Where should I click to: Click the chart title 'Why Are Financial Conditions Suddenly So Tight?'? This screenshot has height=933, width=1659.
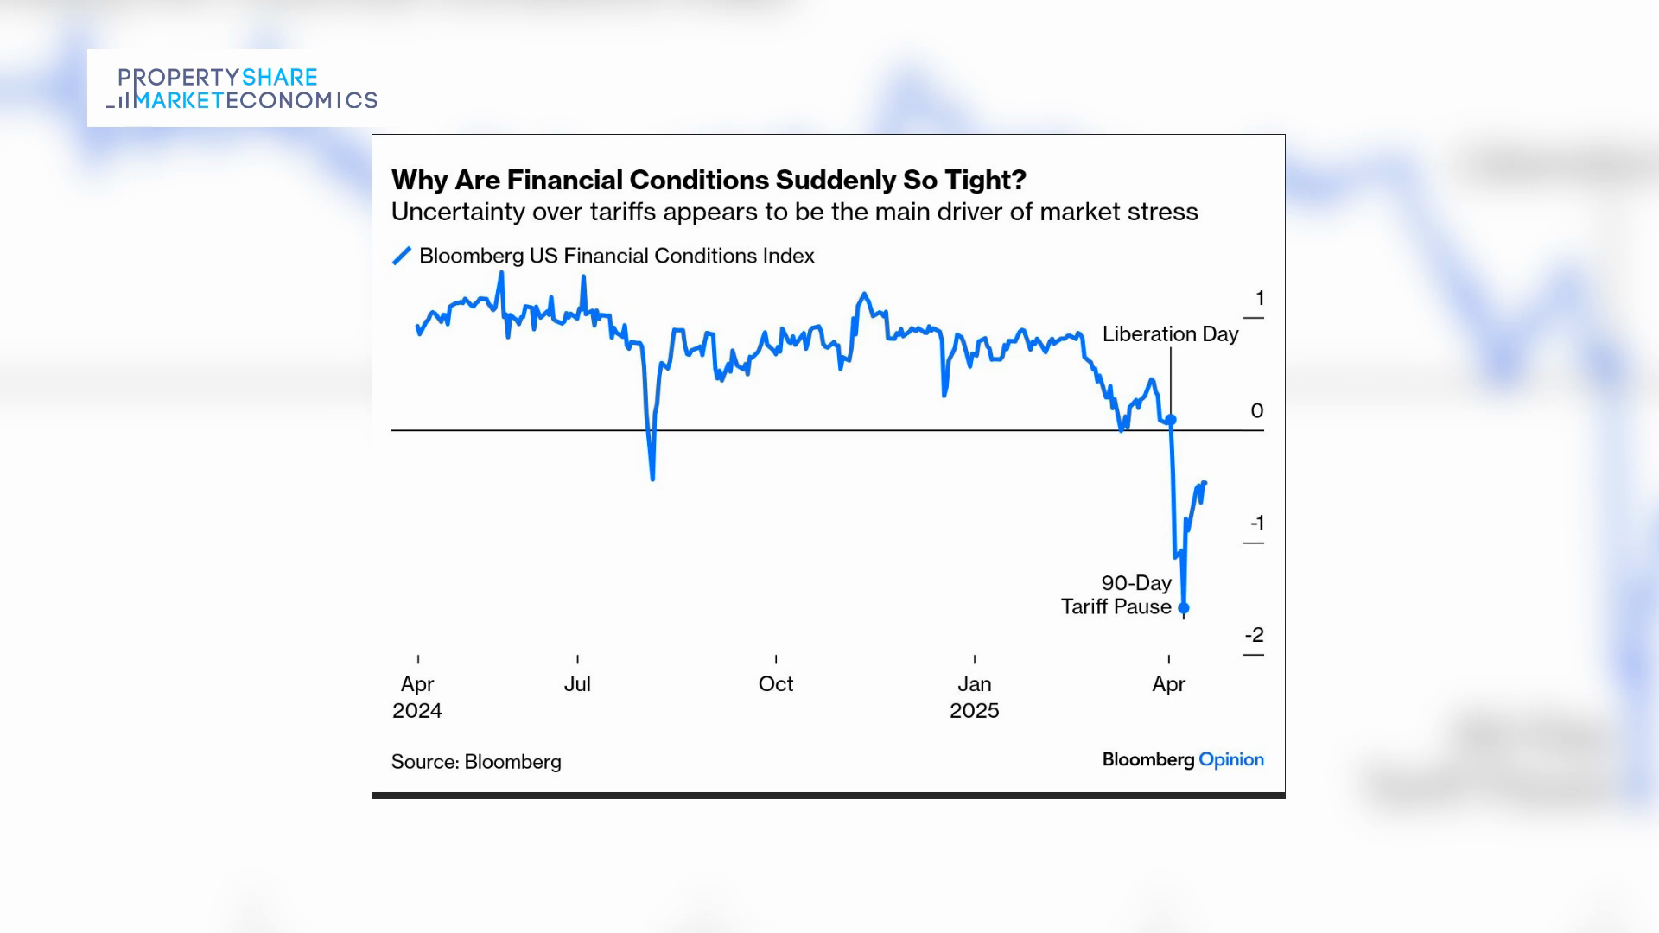tap(709, 180)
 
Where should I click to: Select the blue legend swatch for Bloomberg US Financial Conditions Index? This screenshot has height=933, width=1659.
tap(402, 256)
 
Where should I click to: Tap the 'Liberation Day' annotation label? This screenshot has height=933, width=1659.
tap(1170, 334)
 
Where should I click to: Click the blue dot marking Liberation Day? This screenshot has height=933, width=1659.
tap(1171, 420)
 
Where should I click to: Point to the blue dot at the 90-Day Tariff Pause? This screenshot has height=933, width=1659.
tap(1184, 608)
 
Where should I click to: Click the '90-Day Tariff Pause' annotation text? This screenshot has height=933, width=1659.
tap(1116, 595)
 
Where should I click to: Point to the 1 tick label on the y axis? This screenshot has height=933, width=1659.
tap(1260, 299)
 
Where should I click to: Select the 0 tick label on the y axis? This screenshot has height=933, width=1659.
tap(1257, 411)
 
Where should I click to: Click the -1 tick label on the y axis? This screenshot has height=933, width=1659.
tap(1256, 524)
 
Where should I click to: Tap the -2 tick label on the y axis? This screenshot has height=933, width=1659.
tap(1255, 636)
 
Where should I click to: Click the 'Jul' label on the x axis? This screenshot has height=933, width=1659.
tap(577, 684)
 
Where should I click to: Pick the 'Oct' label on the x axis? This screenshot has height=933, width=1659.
tap(776, 684)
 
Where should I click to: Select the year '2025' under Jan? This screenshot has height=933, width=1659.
tap(975, 711)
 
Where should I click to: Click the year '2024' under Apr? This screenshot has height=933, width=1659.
tap(417, 711)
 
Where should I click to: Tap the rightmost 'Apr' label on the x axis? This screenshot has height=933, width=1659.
tap(1169, 684)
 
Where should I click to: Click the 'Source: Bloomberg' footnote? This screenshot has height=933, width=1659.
tap(476, 762)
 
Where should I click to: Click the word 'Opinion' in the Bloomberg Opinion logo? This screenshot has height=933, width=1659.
tap(1231, 760)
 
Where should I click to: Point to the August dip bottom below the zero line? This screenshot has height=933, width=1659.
tap(652, 478)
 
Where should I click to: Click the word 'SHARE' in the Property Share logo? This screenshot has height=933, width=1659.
tap(280, 78)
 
